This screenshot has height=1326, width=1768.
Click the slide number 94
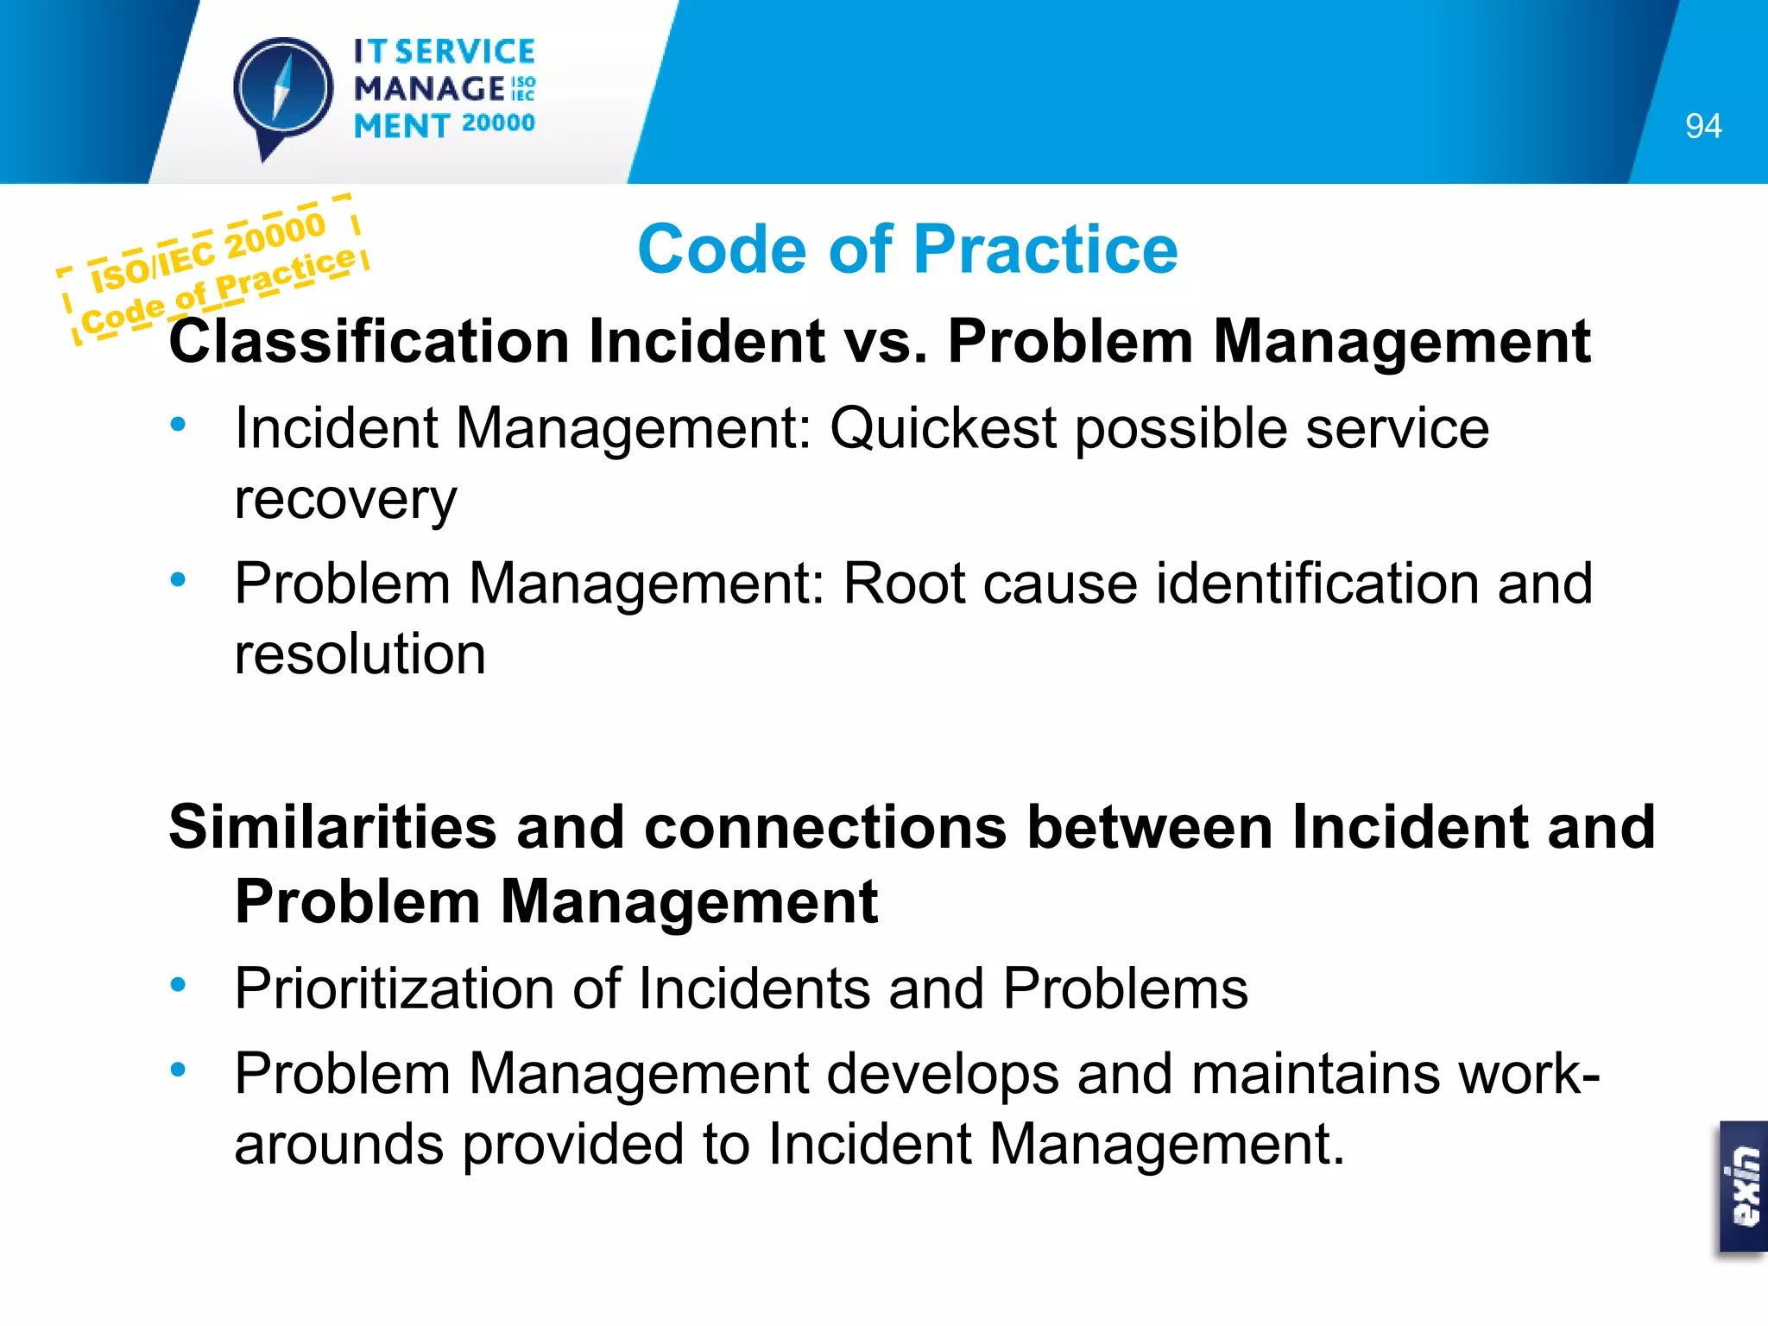[1702, 127]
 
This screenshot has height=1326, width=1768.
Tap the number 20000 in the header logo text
[498, 123]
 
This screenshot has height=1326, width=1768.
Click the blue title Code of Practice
[907, 249]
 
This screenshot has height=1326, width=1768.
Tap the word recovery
[345, 501]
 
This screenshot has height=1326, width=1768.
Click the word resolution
[360, 654]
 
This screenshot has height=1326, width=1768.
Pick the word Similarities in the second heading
[332, 827]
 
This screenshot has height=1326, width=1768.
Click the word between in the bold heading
[1149, 827]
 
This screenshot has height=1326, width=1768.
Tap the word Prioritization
[394, 988]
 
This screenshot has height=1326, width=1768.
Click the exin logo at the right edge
[1745, 1187]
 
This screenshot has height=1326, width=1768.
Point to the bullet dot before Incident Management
[179, 424]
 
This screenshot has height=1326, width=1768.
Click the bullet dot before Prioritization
[179, 984]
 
